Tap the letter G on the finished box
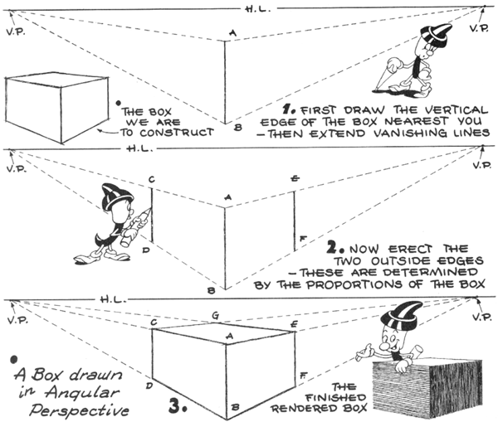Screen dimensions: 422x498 (216, 315)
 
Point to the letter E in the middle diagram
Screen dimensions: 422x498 (295, 178)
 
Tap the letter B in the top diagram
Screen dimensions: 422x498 (237, 127)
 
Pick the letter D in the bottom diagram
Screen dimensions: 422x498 (146, 386)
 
